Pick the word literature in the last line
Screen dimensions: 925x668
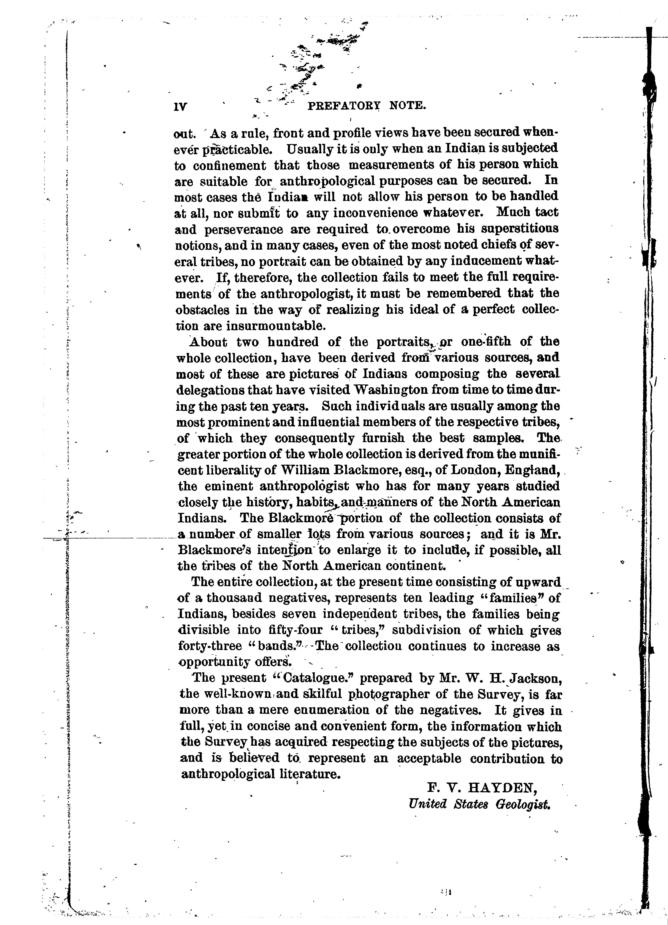click(x=311, y=774)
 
